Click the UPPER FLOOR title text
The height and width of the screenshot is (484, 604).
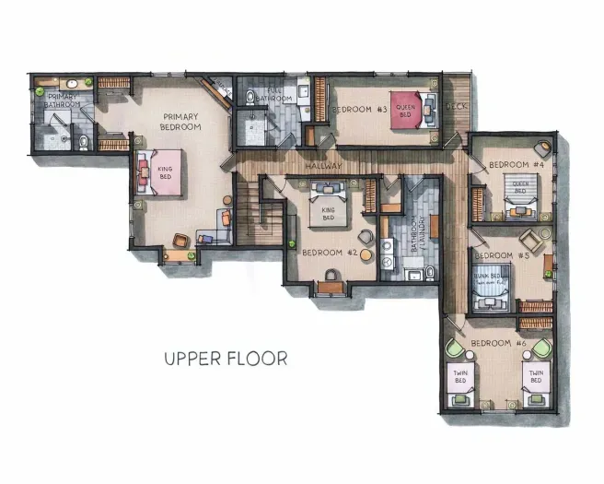[x=225, y=358]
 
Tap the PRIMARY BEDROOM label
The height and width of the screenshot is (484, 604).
[x=180, y=122]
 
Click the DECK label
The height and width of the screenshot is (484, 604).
[x=456, y=107]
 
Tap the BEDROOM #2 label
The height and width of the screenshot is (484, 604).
[x=328, y=252]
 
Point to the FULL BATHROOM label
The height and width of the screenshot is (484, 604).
[x=273, y=94]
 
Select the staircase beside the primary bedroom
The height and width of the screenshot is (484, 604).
[x=250, y=211]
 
